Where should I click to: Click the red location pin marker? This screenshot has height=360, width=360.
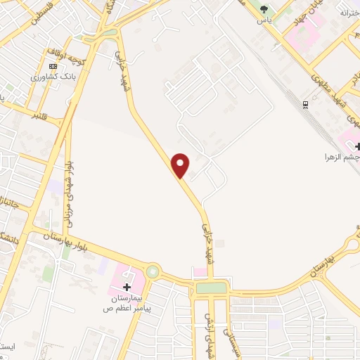(181, 165)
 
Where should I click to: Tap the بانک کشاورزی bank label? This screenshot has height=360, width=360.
(51, 77)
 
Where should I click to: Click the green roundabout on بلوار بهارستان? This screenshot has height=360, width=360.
(153, 271)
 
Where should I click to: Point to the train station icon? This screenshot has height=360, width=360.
(305, 104)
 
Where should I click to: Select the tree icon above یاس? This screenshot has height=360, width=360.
(264, 9)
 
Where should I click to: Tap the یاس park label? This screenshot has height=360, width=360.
(264, 20)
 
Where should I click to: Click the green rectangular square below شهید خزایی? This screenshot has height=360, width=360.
(211, 287)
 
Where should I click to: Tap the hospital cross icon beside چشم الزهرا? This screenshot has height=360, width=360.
(358, 146)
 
